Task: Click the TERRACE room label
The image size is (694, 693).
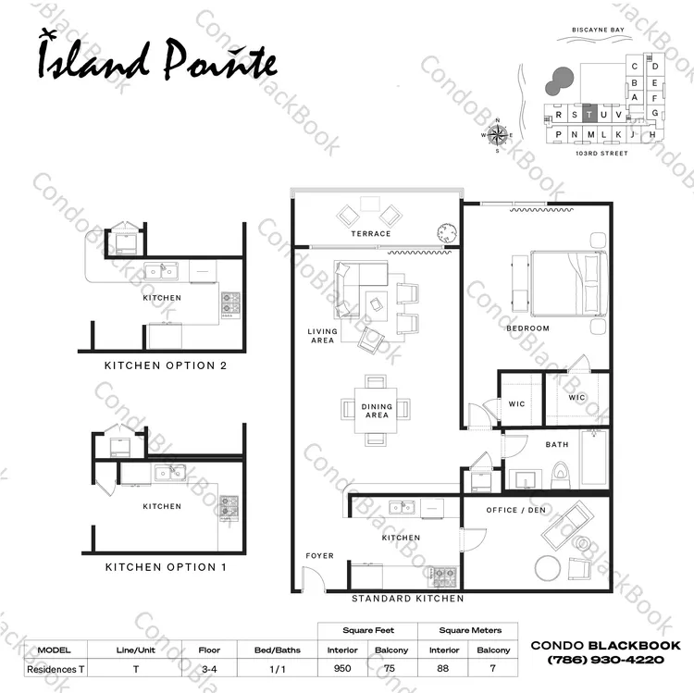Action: (x=371, y=234)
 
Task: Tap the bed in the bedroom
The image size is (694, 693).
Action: (x=569, y=283)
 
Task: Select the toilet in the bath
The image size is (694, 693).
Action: (x=560, y=475)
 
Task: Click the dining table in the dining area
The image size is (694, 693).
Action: (x=376, y=410)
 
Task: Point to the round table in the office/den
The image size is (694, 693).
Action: (x=548, y=568)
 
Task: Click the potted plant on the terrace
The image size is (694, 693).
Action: (x=447, y=233)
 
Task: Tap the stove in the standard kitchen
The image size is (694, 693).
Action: (x=444, y=576)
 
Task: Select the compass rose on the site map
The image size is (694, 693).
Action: (x=498, y=135)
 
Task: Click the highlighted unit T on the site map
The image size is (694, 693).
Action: (x=589, y=115)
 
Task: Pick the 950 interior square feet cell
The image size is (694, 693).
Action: (x=342, y=668)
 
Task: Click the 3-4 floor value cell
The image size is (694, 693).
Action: (x=209, y=669)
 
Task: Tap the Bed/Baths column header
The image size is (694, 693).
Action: (x=277, y=650)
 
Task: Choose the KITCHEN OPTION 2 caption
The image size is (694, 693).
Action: (x=166, y=365)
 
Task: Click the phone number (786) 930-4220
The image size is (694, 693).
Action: (x=605, y=660)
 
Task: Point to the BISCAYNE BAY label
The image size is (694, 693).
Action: (x=598, y=30)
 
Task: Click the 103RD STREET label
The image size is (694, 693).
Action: (x=601, y=153)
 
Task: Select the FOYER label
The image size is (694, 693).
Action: (x=319, y=556)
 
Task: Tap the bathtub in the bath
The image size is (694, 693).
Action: (x=594, y=458)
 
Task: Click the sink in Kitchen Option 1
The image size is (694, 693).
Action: (x=169, y=473)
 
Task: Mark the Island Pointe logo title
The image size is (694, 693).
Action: (x=157, y=60)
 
